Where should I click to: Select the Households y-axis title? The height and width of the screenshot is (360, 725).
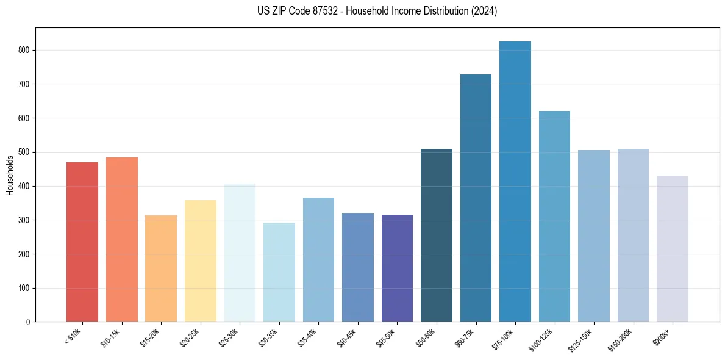point(10,175)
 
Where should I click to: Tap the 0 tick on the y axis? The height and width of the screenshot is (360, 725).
point(28,322)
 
